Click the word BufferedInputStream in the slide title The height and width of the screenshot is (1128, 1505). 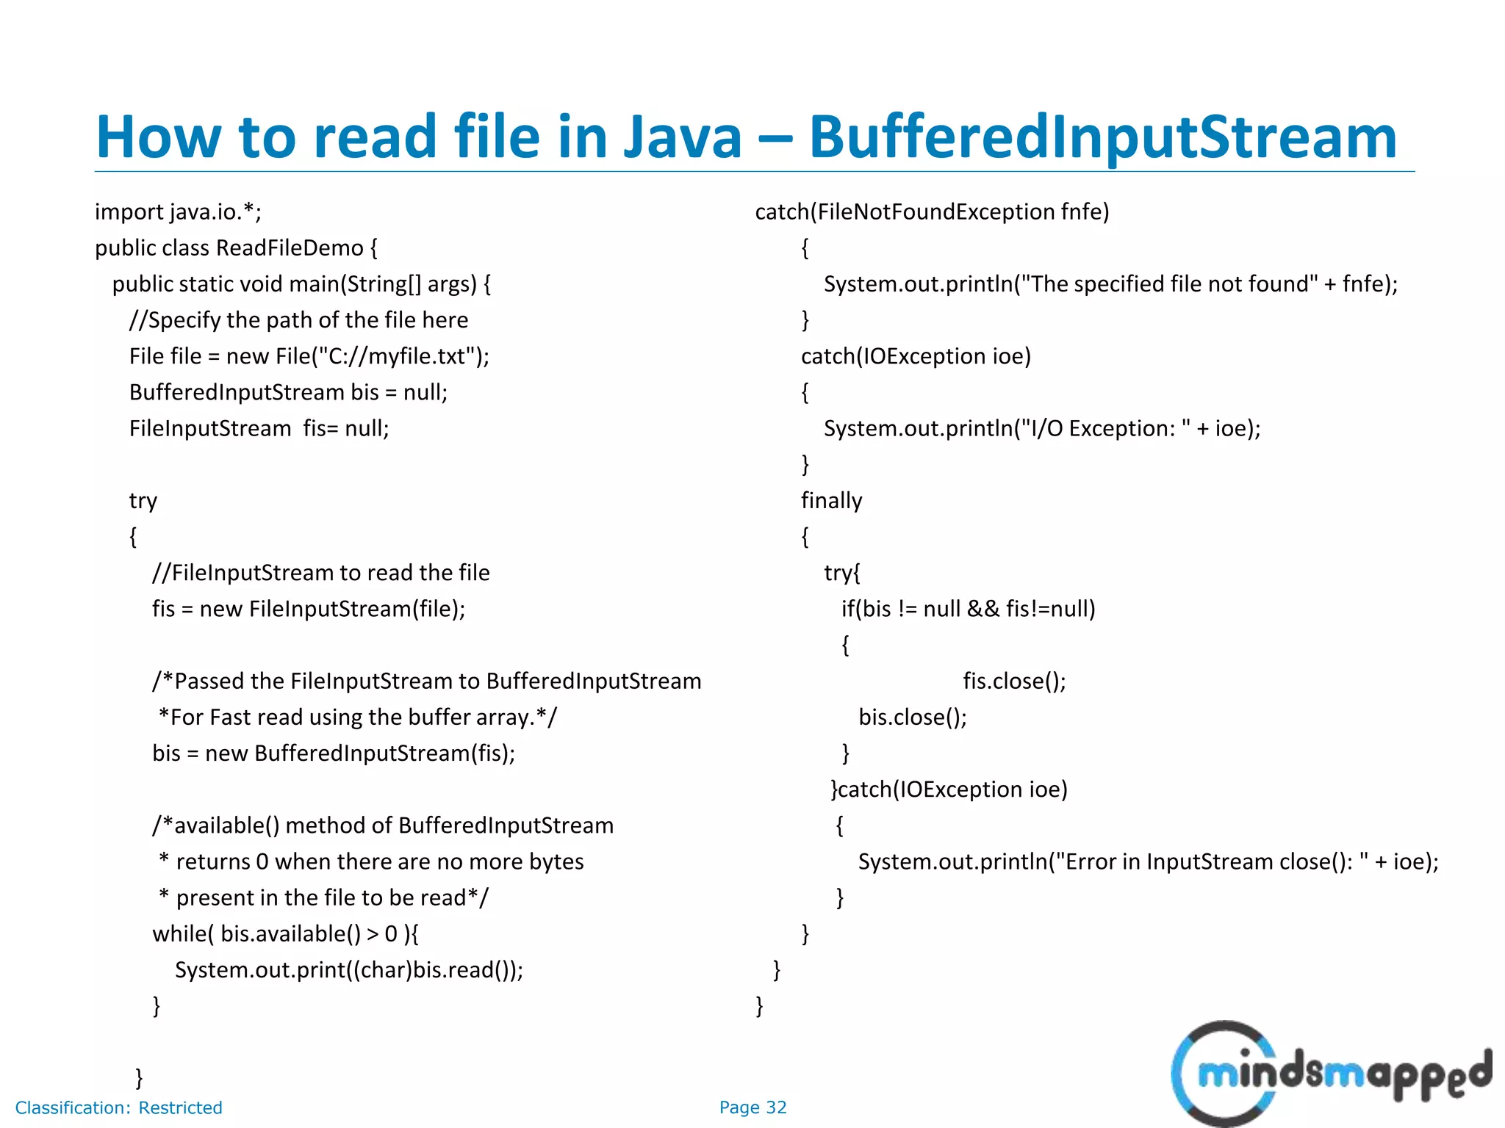pos(1102,137)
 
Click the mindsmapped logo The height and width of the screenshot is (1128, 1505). pos(1330,1074)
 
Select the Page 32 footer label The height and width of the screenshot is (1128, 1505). pos(752,1107)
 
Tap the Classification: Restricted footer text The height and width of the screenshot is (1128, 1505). pos(118,1107)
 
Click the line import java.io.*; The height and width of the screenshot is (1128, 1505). pos(178,212)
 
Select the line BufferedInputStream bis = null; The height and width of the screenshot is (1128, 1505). pos(288,392)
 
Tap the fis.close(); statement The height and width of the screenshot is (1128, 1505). pos(1014,681)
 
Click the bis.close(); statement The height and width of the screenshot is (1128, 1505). pos(913,717)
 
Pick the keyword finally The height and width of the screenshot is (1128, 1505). pos(831,501)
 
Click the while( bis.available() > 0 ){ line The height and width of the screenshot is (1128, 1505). pos(285,934)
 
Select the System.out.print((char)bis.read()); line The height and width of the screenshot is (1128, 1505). pos(349,970)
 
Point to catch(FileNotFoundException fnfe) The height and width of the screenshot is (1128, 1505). pos(932,212)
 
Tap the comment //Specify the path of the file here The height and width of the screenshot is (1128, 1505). pos(298,320)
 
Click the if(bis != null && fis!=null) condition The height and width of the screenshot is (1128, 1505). pos(969,609)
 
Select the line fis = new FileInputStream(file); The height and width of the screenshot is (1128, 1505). pos(309,609)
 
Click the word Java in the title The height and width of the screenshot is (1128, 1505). pos(682,137)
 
